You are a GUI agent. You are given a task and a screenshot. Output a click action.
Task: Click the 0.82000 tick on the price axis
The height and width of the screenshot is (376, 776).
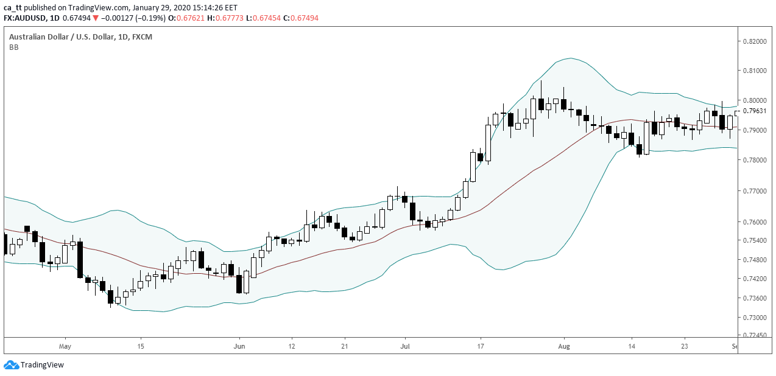pos(755,41)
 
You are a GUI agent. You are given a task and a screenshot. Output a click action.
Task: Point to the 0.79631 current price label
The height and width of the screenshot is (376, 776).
pos(755,111)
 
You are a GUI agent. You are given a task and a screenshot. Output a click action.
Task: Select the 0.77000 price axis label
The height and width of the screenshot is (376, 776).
pos(755,190)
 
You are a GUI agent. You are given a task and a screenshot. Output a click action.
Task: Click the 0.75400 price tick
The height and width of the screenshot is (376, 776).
pos(755,241)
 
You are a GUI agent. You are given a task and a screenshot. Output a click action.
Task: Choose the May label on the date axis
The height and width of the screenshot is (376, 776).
pos(66,346)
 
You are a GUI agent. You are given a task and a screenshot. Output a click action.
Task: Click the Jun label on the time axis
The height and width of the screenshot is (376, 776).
pos(239,346)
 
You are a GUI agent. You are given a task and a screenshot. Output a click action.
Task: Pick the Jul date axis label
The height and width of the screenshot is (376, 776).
pos(404,346)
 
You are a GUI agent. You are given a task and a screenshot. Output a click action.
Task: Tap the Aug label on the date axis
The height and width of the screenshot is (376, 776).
pos(564,346)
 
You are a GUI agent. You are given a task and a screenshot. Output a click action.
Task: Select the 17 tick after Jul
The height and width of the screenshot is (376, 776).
pos(481,346)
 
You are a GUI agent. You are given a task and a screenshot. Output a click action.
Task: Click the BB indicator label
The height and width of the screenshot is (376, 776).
pos(13,47)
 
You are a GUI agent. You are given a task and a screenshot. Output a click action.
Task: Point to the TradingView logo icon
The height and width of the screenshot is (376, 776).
pos(11,364)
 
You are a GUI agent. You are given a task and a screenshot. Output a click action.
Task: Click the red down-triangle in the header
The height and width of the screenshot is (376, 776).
pos(95,18)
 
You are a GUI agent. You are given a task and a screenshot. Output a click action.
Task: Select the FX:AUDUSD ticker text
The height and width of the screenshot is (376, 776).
pos(27,18)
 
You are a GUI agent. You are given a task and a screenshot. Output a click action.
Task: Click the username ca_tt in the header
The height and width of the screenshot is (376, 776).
pos(12,7)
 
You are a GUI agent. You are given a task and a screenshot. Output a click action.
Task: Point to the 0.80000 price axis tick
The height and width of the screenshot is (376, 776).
pos(755,100)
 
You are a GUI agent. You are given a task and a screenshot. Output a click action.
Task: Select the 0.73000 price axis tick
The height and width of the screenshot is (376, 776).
pos(755,318)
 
